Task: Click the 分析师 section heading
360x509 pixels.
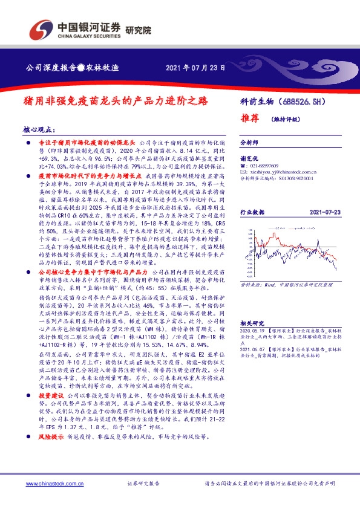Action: tap(249, 143)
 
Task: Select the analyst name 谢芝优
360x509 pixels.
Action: tap(249, 156)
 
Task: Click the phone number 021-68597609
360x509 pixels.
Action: tap(270, 165)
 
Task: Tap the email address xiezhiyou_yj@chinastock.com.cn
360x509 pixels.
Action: tap(284, 172)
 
